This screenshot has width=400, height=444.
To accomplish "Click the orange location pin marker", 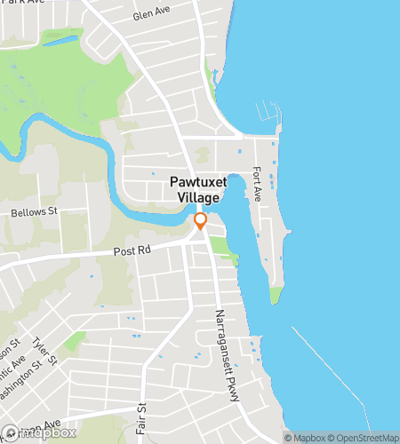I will tap(201, 221).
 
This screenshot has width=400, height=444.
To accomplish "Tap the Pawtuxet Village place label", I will tap(198, 188).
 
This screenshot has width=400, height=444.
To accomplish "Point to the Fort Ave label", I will tap(257, 183).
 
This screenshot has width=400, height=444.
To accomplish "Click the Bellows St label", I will tap(34, 213).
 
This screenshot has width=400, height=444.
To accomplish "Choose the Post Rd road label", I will tap(130, 252).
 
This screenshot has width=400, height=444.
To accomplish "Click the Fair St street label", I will tap(140, 417).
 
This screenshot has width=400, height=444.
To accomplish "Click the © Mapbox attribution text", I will tap(306, 437).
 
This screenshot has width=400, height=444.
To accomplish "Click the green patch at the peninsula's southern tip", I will tap(276, 295).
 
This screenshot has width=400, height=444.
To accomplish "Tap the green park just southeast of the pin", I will tap(228, 255).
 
